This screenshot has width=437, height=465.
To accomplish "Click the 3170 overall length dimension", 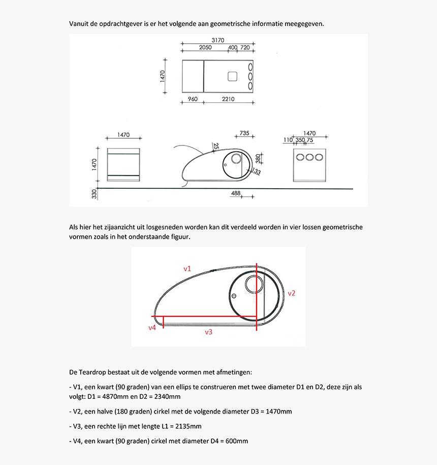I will point(217,40).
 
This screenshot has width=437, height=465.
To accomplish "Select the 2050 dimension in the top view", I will point(205,48).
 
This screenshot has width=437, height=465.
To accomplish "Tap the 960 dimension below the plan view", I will point(193,99).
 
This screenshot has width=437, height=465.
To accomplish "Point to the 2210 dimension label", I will point(228,99).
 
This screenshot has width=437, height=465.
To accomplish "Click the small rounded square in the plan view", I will point(232,76).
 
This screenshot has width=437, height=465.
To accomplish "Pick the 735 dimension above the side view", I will point(244,133).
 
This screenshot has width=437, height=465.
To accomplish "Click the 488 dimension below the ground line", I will point(236,193).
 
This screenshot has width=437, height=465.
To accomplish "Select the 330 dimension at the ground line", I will point(94,194).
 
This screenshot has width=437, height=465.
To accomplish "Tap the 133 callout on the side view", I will point(257,172).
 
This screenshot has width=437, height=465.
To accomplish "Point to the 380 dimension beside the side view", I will point(258,159).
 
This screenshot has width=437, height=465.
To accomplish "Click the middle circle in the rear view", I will point(309,157).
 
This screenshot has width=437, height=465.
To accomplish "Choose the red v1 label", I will point(188,268).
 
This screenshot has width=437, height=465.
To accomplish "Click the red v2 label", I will point(292,293).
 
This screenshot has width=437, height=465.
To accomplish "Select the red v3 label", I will point(208,332).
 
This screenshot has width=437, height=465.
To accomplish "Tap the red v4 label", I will point(152,328).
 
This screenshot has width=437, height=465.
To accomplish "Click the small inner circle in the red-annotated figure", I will point(253,283).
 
